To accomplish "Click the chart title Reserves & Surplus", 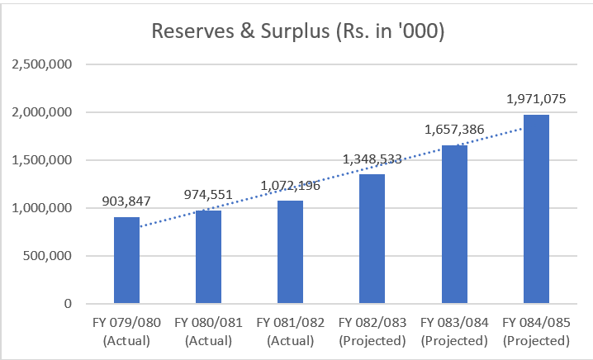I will click(x=296, y=32).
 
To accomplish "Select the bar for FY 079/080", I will click(x=126, y=260).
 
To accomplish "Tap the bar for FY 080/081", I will click(x=209, y=257).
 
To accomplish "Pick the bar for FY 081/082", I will click(x=291, y=252).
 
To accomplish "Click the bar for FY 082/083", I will click(x=372, y=239).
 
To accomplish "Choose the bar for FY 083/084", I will click(x=454, y=224).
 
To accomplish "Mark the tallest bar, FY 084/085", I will click(x=536, y=209).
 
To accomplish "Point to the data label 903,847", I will click(x=126, y=201).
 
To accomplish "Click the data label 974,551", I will click(x=209, y=195).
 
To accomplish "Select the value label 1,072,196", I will click(x=291, y=185).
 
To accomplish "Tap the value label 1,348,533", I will click(x=372, y=159).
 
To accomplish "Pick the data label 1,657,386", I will click(x=454, y=130).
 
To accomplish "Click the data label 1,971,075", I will click(x=536, y=99).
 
